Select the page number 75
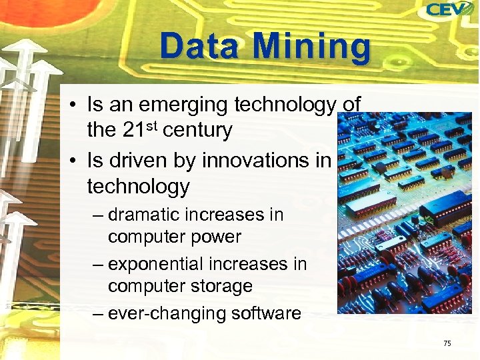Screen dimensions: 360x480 click(x=447, y=343)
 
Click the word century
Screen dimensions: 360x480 click(x=197, y=131)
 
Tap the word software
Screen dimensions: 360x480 click(x=263, y=313)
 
